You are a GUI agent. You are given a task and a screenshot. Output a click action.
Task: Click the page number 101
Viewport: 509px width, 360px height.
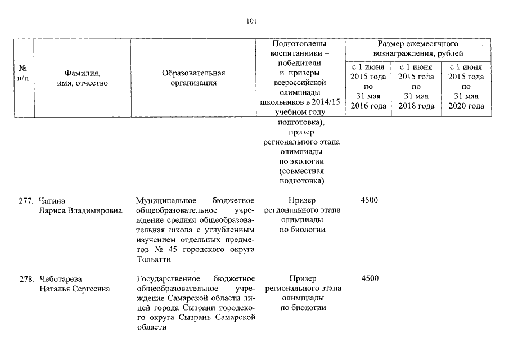[251, 22]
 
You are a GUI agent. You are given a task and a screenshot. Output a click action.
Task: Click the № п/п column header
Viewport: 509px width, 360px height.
[23, 78]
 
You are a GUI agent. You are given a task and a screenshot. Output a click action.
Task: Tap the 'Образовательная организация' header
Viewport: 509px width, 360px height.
[193, 78]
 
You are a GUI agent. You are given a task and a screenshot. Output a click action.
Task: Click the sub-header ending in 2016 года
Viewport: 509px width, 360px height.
[368, 87]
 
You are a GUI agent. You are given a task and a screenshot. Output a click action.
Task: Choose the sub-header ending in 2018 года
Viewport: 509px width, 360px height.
[416, 87]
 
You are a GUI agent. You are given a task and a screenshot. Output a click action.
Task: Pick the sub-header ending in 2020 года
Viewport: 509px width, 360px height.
[465, 87]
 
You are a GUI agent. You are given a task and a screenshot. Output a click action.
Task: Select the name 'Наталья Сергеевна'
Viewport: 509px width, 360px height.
[74, 289]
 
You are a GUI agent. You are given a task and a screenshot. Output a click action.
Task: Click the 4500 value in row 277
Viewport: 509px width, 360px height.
[369, 201]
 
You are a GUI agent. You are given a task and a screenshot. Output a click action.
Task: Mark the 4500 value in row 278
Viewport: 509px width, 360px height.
[369, 279]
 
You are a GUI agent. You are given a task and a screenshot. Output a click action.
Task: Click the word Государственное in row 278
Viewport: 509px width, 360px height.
[168, 279]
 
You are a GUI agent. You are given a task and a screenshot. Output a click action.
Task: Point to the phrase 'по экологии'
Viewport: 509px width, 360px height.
[301, 162]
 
